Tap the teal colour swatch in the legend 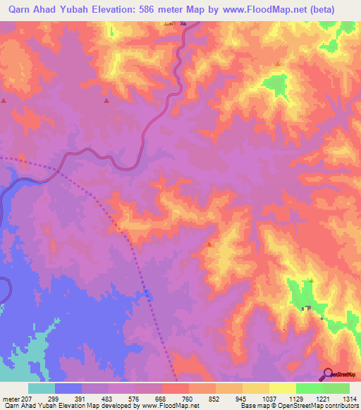click(41, 387)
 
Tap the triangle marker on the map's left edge click(4, 101)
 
